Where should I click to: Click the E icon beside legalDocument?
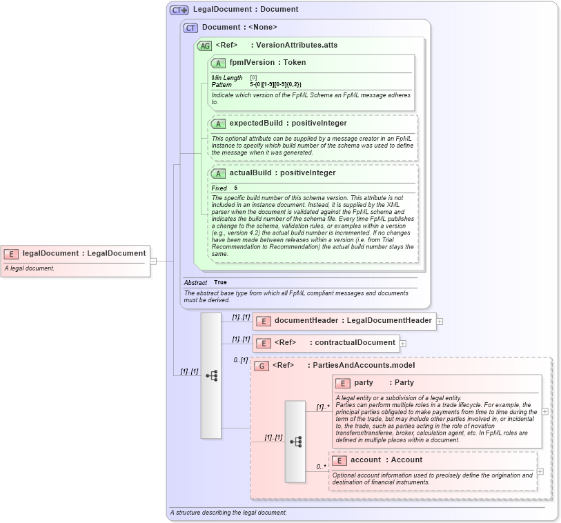click(12, 253)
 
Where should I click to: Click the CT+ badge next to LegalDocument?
click(179, 10)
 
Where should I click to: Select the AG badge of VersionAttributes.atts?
click(205, 46)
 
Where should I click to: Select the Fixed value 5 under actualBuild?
click(235, 188)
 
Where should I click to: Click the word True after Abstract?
click(220, 282)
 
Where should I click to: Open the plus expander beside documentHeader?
click(440, 321)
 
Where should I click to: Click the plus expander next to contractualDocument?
click(403, 343)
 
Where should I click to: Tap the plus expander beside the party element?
click(545, 411)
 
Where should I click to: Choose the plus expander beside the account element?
click(540, 471)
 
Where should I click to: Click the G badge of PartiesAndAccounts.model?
click(262, 366)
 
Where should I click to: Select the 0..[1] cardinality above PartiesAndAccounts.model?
click(240, 359)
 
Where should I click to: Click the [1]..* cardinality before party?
click(322, 407)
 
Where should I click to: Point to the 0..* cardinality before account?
click(322, 466)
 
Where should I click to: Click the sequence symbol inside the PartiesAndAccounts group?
click(295, 441)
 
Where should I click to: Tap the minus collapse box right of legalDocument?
click(153, 261)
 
